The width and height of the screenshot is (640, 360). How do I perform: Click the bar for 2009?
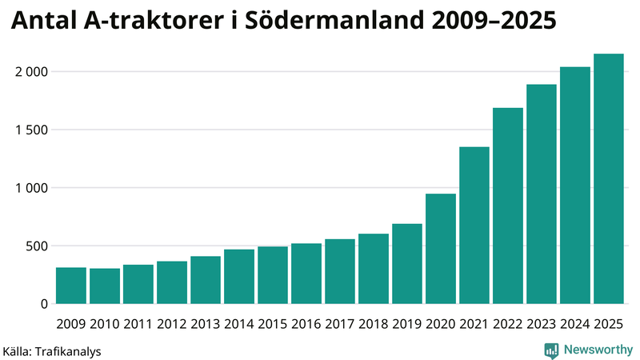click(x=71, y=286)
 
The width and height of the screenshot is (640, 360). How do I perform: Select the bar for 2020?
click(x=441, y=249)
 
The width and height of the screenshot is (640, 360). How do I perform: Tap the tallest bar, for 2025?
click(x=609, y=179)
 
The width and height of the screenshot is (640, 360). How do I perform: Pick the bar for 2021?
click(x=474, y=226)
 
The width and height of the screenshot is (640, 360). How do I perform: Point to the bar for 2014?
click(x=239, y=277)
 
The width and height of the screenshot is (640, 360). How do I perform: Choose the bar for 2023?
click(x=542, y=194)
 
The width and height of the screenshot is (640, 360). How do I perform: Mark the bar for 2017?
click(x=340, y=271)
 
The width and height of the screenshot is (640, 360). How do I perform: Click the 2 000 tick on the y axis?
click(x=32, y=72)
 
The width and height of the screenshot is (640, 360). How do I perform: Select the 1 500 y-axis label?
click(x=32, y=130)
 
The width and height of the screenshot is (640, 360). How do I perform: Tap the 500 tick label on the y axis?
click(x=37, y=246)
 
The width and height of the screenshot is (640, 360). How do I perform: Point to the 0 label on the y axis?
click(x=45, y=304)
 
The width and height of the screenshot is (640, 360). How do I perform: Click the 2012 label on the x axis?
click(x=172, y=324)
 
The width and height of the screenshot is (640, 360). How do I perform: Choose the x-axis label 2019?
click(x=407, y=324)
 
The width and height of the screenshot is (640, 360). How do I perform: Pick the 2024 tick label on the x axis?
click(x=575, y=324)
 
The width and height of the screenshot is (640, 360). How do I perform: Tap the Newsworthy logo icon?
click(x=551, y=350)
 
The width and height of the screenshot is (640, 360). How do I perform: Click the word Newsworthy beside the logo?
click(x=597, y=350)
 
